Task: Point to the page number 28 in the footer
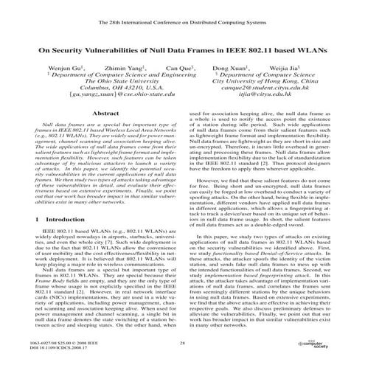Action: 181,343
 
